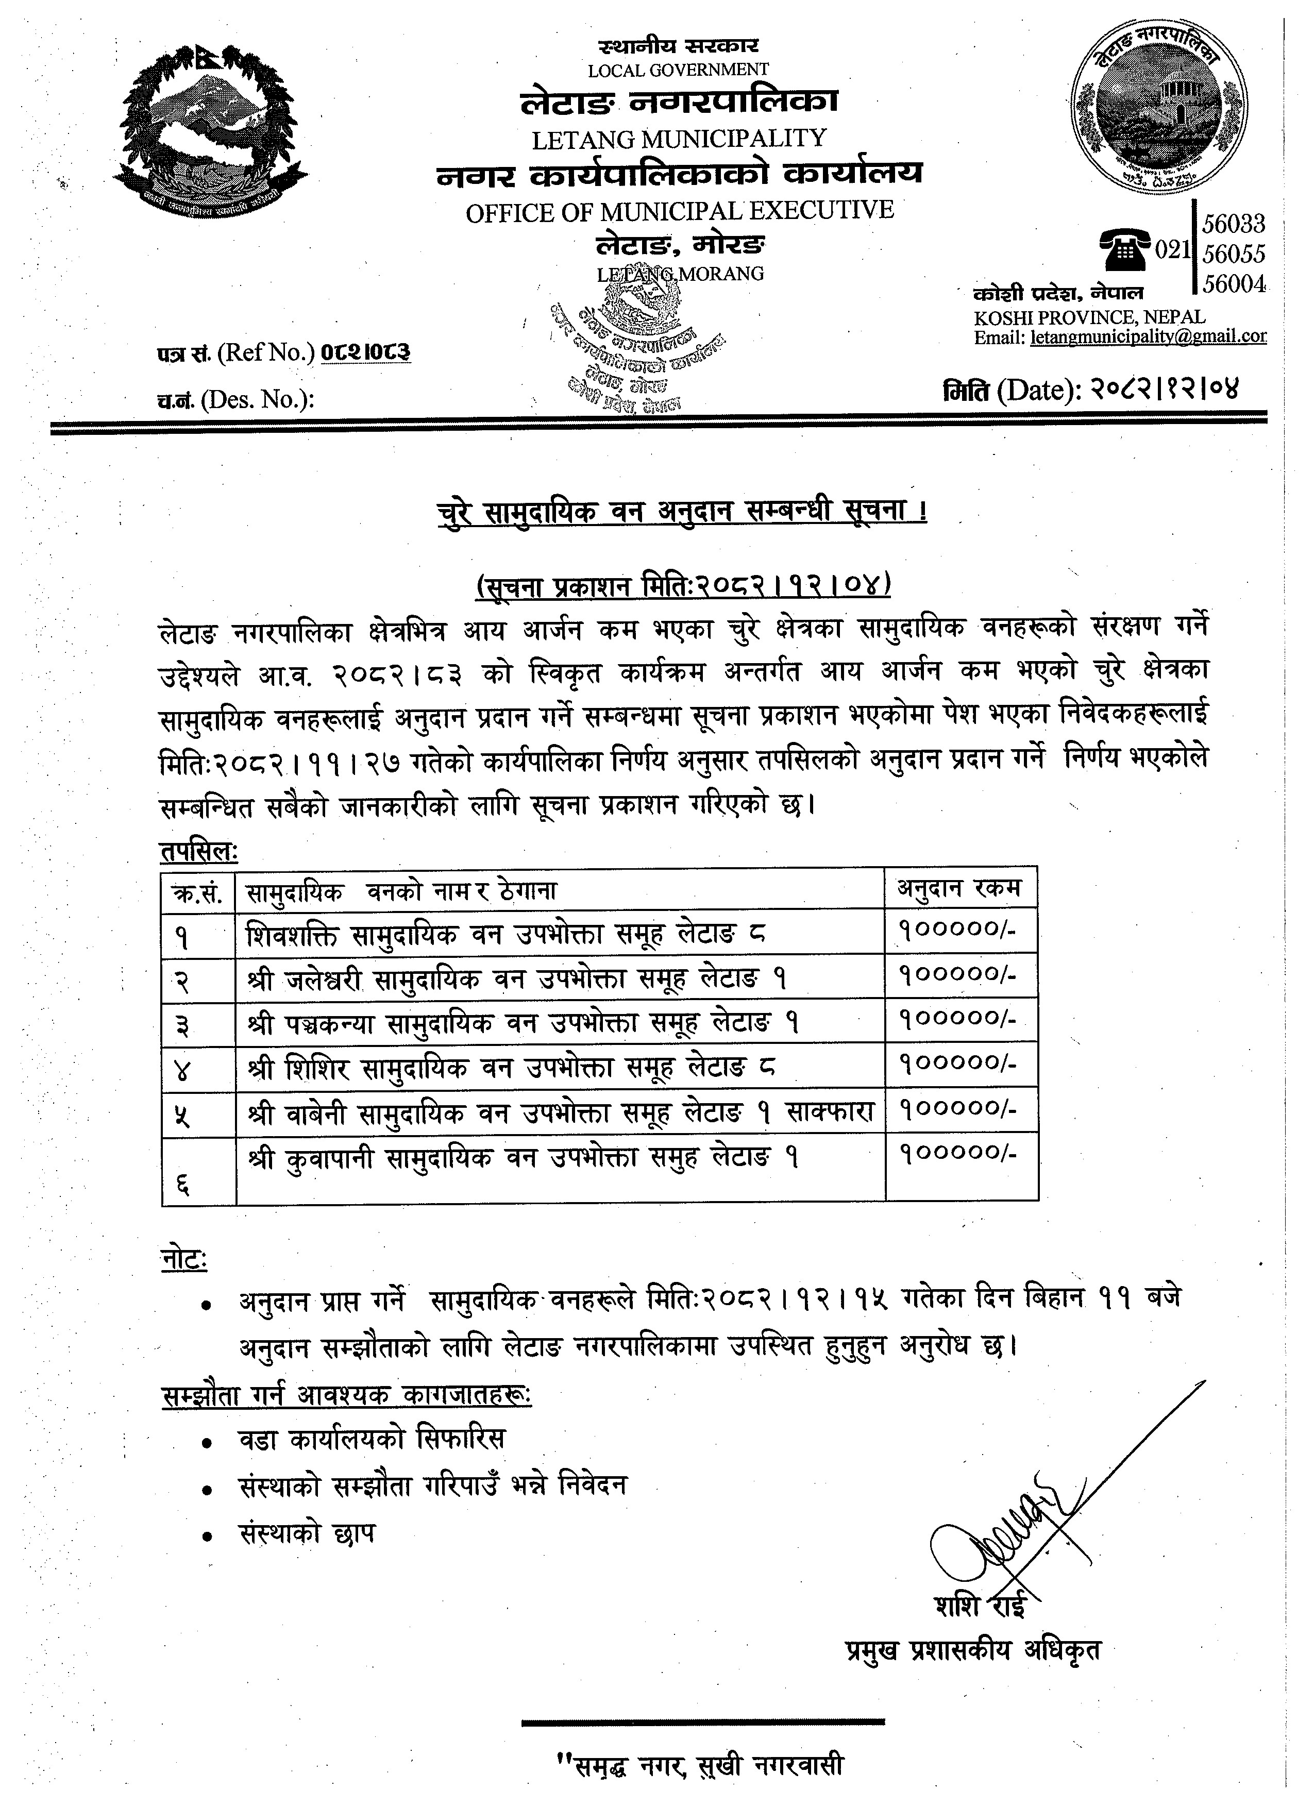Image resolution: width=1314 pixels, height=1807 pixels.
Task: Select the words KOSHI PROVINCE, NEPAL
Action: point(1089,317)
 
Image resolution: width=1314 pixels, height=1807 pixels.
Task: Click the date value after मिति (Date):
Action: point(1164,390)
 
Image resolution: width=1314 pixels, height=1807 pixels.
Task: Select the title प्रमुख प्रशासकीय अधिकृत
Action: point(972,1650)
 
